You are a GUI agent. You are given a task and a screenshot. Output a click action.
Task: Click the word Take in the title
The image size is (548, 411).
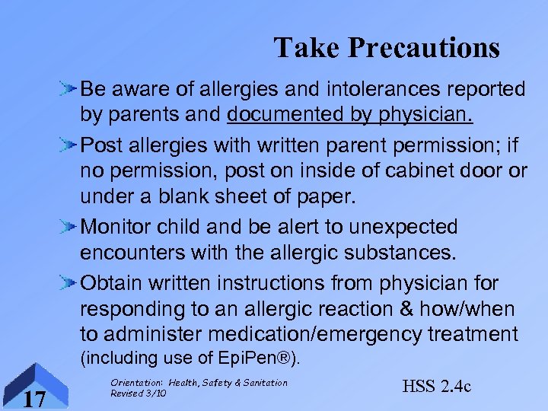307,48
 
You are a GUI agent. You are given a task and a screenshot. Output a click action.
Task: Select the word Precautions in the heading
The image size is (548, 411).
423,48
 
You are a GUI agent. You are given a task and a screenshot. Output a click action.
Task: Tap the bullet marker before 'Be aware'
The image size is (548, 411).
68,90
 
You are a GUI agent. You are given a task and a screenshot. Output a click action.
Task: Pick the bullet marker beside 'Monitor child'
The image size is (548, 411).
68,227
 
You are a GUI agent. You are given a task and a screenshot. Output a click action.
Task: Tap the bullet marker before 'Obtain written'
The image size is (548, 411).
68,283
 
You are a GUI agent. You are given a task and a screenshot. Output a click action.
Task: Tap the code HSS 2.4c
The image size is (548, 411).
436,387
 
